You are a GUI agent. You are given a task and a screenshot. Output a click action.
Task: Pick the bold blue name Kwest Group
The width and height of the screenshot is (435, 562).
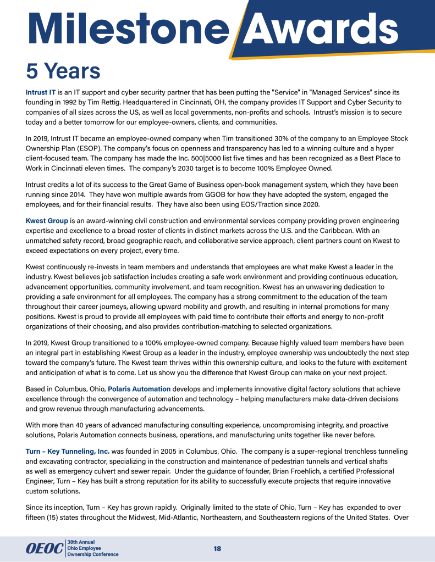coord(47,220)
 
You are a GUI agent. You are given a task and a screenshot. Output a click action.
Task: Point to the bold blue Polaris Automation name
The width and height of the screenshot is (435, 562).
coord(139,389)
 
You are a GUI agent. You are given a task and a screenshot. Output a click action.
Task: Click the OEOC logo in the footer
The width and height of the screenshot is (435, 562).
coord(45,548)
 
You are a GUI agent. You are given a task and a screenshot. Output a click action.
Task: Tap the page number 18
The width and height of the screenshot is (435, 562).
coord(217,548)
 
